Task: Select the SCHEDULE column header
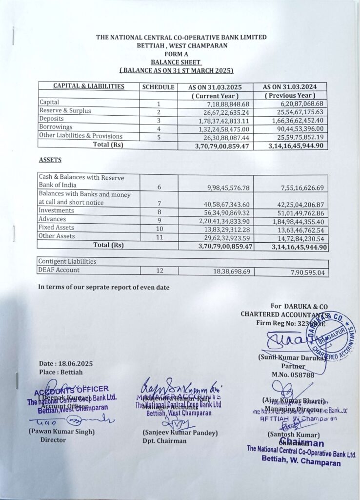pos(158,87)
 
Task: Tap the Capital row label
pos(49,103)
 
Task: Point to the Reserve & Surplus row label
pos(65,111)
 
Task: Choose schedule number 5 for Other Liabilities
pos(159,136)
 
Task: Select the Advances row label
pos(51,219)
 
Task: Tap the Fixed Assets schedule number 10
pos(159,228)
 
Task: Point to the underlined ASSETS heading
pos(51,160)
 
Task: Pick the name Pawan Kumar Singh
pos(61,432)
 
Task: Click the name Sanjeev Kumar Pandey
pos(180,433)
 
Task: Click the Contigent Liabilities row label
pos(68,261)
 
